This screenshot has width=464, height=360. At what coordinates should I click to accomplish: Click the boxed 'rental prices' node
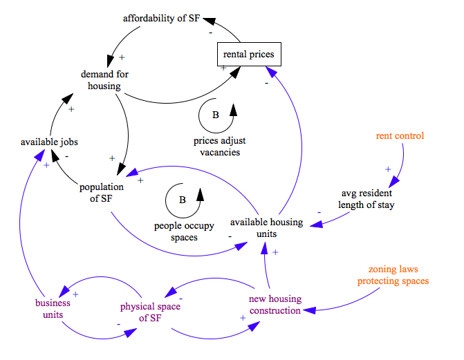[248, 54]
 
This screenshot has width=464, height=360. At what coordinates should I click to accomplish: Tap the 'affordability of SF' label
[161, 18]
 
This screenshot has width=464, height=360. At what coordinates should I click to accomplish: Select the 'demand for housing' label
[104, 80]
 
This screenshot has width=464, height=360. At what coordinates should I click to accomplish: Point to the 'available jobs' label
[49, 142]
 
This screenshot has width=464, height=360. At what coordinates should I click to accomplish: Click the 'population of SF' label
[102, 193]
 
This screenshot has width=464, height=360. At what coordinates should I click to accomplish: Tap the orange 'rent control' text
[400, 136]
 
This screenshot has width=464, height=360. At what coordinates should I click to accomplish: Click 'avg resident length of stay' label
[366, 198]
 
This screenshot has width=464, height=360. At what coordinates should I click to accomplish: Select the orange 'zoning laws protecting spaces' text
[393, 275]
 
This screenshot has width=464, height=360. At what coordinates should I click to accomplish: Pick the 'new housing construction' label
[275, 305]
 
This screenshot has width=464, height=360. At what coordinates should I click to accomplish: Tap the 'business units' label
[49, 308]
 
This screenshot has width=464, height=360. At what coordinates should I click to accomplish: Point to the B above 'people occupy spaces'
[183, 200]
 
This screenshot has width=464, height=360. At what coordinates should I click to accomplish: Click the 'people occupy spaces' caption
[184, 231]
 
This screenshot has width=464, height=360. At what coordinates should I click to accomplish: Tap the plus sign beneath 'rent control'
[388, 169]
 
